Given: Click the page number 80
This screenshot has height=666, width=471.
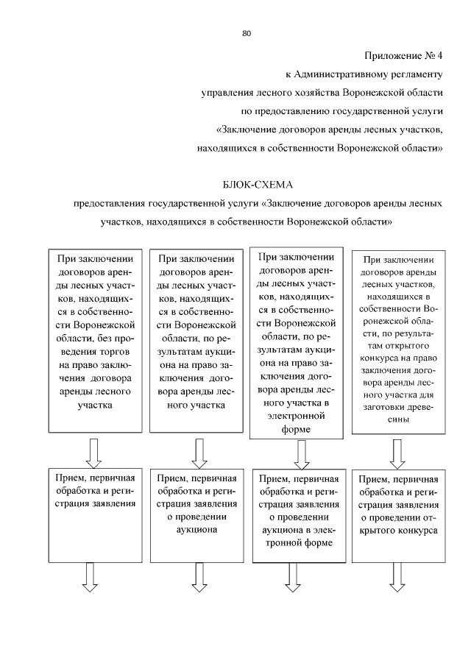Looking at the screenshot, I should tap(247, 33).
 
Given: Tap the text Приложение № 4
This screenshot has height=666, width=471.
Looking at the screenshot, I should tap(404, 56).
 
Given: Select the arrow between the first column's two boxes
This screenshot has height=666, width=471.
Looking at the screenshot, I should tap(93, 452).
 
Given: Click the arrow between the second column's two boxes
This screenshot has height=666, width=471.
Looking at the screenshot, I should tap(196, 452).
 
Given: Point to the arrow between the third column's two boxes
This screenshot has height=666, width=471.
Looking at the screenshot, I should tap(300, 455).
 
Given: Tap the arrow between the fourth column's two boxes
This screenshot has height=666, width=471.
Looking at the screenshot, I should tap(397, 453).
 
